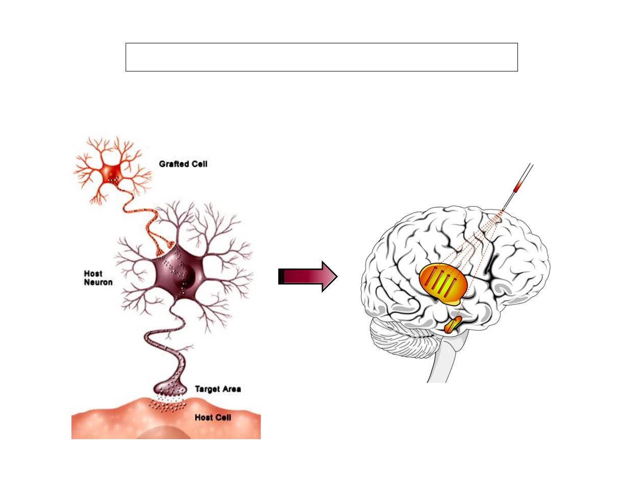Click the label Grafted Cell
pos(183,164)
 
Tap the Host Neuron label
pos(98,278)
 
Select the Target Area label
pos(218,389)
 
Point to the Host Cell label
pos(213,418)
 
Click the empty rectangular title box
pos(321,57)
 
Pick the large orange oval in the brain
pos(442,284)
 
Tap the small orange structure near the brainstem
pos(452,324)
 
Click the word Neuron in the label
pos(98,282)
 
